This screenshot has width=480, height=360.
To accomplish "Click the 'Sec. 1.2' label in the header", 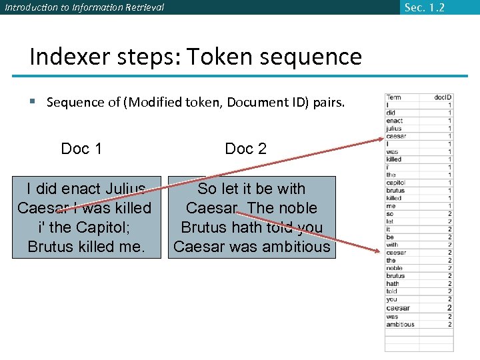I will (x=424, y=7).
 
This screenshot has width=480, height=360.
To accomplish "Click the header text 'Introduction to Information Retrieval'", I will (x=83, y=7).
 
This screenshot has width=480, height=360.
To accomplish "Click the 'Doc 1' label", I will (x=81, y=149).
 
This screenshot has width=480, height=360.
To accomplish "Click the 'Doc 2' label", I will (x=245, y=149).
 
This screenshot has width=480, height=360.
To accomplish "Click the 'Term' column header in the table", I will (x=394, y=97).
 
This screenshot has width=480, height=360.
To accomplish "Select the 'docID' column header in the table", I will (x=443, y=97).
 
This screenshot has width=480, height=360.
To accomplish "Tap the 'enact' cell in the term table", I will (x=395, y=121).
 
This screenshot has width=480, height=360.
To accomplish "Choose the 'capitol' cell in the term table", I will (x=396, y=183).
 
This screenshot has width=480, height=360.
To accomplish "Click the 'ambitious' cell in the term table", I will (x=400, y=325).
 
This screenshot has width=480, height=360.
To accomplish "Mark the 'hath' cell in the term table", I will (x=393, y=284).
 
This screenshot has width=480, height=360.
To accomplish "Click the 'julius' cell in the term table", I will (x=395, y=129).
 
